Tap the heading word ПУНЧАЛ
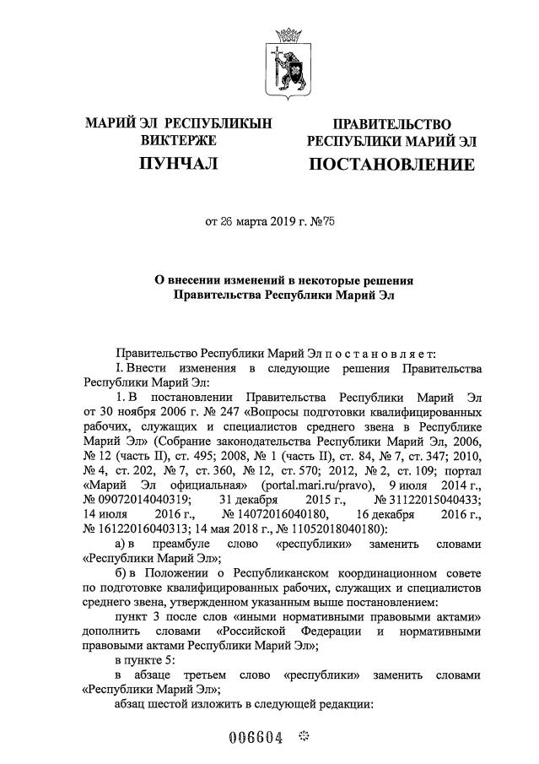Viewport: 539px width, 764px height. click(x=178, y=163)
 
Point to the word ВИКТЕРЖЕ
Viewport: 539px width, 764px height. click(x=178, y=140)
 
